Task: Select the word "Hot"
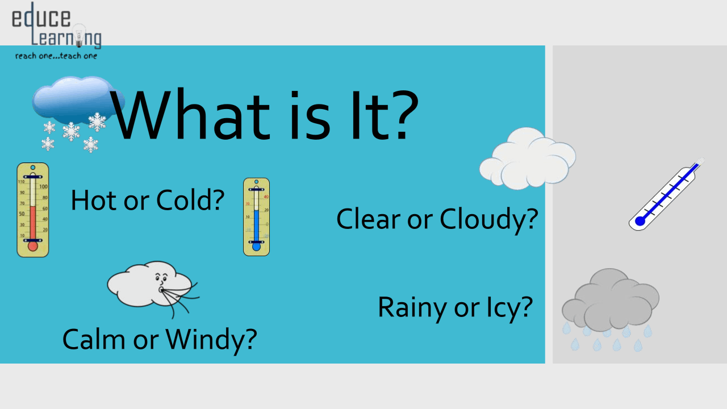[94, 201]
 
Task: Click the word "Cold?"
[190, 201]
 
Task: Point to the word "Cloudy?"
[489, 220]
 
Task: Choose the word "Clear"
[369, 219]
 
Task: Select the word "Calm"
[94, 340]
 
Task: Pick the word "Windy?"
[211, 341]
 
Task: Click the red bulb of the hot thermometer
[33, 246]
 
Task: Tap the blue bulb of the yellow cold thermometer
[256, 247]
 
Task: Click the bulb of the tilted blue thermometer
[640, 221]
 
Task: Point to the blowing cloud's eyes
[161, 277]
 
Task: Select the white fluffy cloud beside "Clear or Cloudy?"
[528, 158]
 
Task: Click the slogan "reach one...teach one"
[56, 56]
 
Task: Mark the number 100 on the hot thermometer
[43, 187]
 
